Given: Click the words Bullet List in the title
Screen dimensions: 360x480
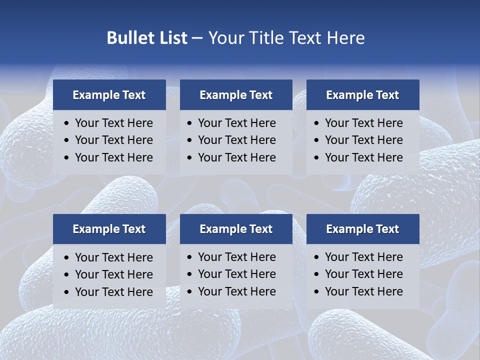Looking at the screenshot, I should tap(147, 38).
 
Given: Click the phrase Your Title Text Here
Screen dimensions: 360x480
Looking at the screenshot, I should tap(286, 38).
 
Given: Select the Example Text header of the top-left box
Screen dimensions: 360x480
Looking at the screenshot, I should tap(109, 95).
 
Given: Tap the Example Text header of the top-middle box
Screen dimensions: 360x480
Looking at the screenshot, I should tap(236, 95).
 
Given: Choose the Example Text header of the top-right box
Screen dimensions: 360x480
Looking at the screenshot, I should tap(362, 95).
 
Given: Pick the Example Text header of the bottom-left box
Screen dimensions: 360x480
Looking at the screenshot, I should tap(109, 229).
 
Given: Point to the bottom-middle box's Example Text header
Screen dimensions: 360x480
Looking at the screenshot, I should tap(236, 229).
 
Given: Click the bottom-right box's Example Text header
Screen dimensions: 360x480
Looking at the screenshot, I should tap(362, 229).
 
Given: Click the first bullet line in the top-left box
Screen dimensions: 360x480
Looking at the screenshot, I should tap(113, 123).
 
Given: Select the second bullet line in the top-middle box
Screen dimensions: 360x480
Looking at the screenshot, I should tap(236, 140).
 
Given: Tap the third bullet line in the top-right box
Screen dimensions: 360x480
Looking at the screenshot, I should tap(363, 157).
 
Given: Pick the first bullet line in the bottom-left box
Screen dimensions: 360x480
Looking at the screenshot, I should tap(113, 257).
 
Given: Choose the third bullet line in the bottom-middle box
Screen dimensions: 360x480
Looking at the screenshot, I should tap(236, 291).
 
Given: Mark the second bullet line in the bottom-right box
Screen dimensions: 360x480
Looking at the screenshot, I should tap(363, 274).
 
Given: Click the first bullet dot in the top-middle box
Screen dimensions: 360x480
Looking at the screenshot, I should tap(190, 123).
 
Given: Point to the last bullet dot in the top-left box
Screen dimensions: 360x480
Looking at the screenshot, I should tap(67, 158).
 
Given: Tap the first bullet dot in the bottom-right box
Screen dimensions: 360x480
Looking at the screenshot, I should tap(317, 257).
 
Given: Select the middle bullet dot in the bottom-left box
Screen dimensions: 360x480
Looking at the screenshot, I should tap(67, 275).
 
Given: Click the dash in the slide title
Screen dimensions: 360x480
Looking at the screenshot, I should tap(197, 38).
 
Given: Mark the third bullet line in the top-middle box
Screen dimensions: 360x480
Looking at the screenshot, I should tap(236, 157).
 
